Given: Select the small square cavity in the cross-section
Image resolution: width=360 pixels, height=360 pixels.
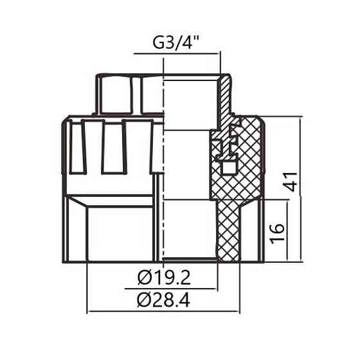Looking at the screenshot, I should point(226,168).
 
